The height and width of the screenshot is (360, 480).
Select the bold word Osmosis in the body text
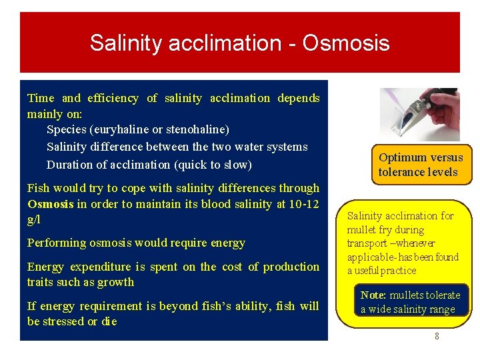(51, 204)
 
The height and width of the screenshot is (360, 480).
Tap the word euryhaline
(119, 129)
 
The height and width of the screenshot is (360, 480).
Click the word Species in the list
(66, 129)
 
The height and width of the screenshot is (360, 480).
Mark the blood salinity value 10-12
(303, 204)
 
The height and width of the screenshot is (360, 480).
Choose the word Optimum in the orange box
(403, 157)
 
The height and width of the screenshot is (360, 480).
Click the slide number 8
(437, 337)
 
